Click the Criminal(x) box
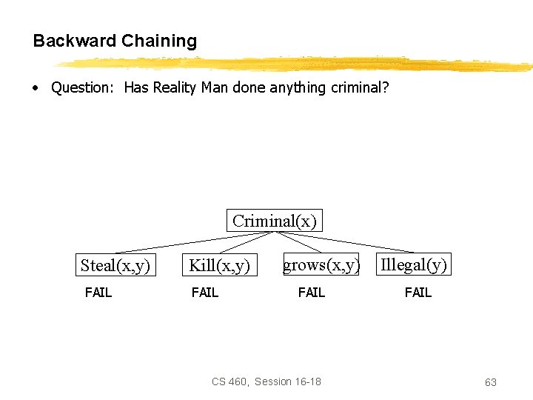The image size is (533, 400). coord(274,221)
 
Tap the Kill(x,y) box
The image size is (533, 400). coord(219,265)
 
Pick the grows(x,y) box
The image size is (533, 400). coord(321,264)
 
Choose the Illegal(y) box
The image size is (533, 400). coord(414,264)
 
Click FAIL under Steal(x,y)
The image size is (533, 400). coord(98,293)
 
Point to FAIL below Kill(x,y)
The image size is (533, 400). coord(205,293)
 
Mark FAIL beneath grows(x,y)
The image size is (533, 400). coord(312,293)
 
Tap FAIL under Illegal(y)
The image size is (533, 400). coord(418,293)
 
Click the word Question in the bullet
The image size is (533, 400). coord(81,87)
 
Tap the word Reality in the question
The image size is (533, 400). coord(175,87)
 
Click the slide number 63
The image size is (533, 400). coord(491,382)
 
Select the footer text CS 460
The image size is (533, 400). coord(229,381)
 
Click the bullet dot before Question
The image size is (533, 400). coord(36,87)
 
